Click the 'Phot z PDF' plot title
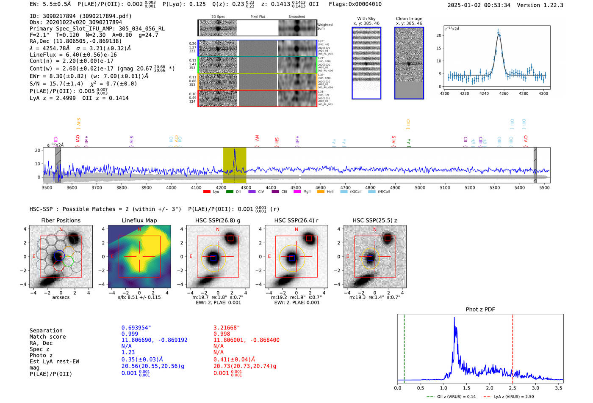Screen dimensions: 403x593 (480, 310)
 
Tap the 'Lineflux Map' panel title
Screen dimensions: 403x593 (139, 220)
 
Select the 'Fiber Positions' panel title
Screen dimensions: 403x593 (61, 220)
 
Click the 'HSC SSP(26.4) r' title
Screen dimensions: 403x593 (296, 220)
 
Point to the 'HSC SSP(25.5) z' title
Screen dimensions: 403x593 (374, 220)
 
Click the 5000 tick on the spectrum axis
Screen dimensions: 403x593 (420, 188)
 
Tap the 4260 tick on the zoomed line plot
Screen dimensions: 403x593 (504, 93)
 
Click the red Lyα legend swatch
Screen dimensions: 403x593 (207, 192)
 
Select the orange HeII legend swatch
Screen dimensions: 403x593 (321, 192)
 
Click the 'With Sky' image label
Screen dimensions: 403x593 (366, 19)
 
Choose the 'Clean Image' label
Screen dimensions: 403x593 (409, 19)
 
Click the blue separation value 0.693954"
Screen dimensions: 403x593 (136, 328)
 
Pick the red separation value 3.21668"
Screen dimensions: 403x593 (227, 328)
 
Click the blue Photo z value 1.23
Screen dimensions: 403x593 (128, 352)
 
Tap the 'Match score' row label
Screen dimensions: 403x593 (47, 337)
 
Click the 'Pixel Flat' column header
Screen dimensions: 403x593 (258, 17)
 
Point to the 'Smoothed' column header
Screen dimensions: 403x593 (296, 17)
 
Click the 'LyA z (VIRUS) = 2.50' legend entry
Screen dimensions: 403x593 (513, 397)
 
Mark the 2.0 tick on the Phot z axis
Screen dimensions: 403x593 (490, 388)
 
